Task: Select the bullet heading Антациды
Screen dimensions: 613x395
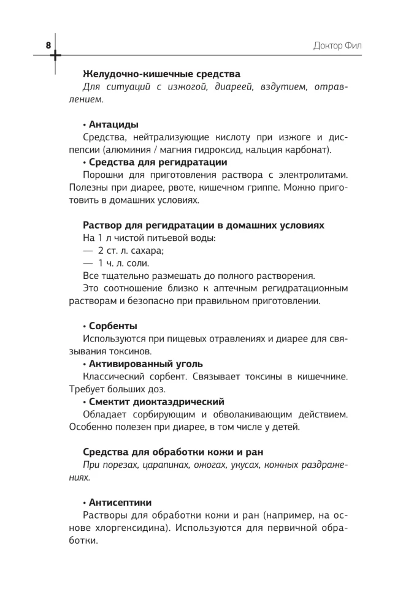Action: point(110,124)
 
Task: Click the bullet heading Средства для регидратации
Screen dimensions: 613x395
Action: point(155,162)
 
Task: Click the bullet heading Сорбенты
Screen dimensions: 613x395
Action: point(110,326)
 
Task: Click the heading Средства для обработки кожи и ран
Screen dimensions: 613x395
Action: point(173,452)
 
